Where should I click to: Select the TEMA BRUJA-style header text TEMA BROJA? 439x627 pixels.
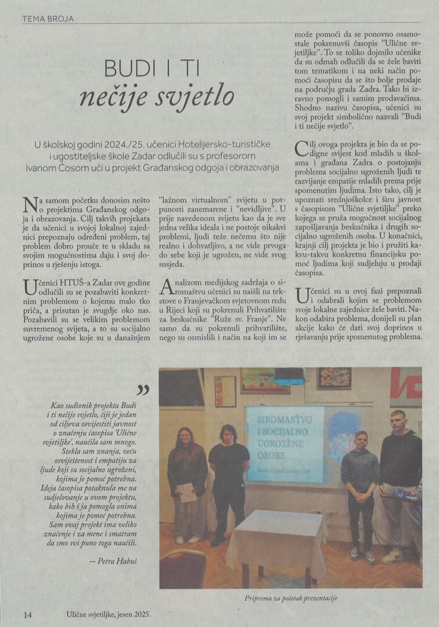48,19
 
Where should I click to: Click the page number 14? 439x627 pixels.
28,614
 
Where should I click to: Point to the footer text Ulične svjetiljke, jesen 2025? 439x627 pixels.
108,614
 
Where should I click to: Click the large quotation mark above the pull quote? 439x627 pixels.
142,391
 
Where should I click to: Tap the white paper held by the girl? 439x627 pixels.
186,492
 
